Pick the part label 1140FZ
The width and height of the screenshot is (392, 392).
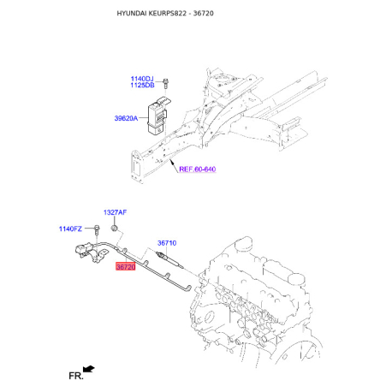click(x=70, y=228)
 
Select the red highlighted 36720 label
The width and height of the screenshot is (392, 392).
click(x=126, y=267)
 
